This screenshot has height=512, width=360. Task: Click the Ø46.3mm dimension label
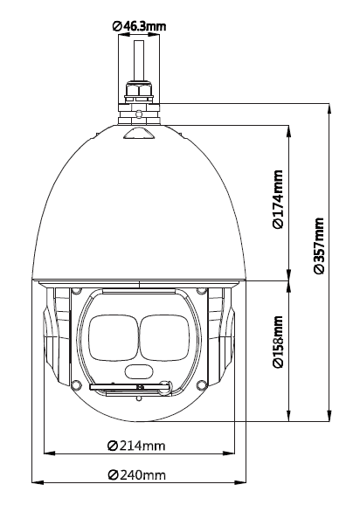tap(139, 26)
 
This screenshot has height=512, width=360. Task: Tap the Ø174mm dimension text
tap(278, 199)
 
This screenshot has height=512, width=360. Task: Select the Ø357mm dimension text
tap(319, 246)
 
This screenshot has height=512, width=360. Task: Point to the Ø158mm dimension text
tap(278, 342)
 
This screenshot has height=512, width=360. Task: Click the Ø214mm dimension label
tap(136, 446)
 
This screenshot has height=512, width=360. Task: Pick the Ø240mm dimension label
tap(137, 474)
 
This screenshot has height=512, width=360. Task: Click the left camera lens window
tap(114, 338)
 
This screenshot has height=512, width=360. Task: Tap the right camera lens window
tap(165, 338)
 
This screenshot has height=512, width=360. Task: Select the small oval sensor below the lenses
tap(139, 371)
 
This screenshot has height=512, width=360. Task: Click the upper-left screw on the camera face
tap(76, 291)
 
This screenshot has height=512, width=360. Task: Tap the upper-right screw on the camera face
tap(202, 291)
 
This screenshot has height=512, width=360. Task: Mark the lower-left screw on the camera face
tap(76, 384)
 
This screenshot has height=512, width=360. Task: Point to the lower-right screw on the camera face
tap(202, 384)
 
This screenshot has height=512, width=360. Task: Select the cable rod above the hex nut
tap(139, 60)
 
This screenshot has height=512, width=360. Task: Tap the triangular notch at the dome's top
tap(139, 133)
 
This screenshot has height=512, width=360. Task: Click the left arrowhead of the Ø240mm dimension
tap(38, 482)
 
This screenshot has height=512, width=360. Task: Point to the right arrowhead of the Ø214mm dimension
tap(229, 453)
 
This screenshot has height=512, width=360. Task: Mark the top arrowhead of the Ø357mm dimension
tap(329, 109)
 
